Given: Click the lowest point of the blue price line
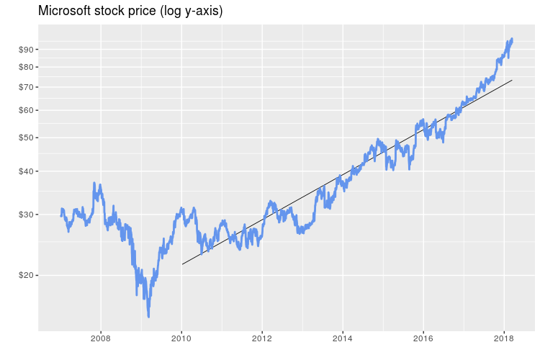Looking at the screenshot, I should click(148, 316).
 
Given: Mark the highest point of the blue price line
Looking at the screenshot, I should click(511, 39).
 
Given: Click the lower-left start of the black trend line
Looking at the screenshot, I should click(182, 264).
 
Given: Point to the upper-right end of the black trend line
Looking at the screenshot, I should click(512, 80).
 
